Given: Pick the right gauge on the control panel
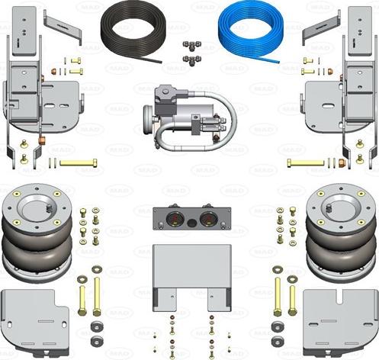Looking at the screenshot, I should click(x=206, y=220).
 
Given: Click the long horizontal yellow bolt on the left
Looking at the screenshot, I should click(x=78, y=162).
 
